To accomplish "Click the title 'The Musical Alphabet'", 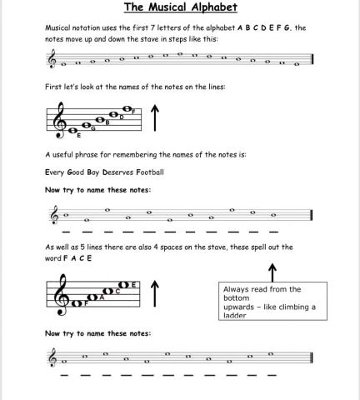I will (x=181, y=8).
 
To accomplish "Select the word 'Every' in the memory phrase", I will (x=55, y=172).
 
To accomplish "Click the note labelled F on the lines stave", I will (x=127, y=108).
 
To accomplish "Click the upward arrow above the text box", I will (x=272, y=272).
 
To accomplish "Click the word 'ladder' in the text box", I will (x=235, y=316).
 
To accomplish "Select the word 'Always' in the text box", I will (x=237, y=289).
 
